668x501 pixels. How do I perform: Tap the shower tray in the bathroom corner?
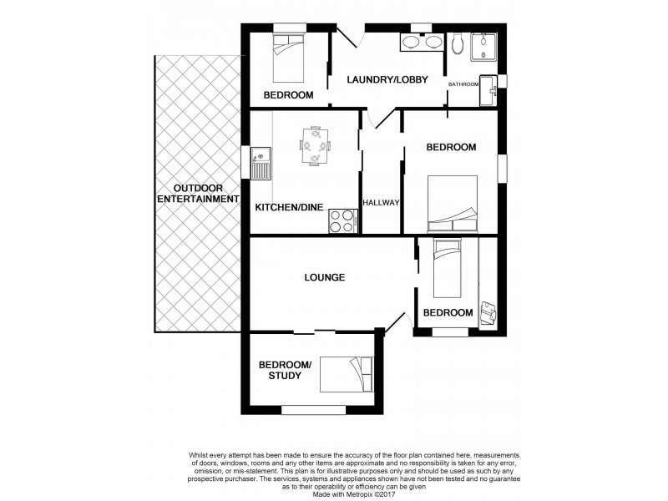tap(483, 47)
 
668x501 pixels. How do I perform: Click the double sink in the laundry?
tap(423, 43)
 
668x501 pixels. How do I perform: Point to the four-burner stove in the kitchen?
tap(343, 220)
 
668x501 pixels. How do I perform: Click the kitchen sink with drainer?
tap(261, 163)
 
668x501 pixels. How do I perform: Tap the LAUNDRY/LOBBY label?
tap(387, 80)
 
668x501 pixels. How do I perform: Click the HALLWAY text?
tap(381, 203)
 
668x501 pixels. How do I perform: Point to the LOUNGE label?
tap(325, 277)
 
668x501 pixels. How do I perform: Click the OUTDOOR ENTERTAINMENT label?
tap(198, 193)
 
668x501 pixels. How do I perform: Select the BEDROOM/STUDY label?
tap(285, 370)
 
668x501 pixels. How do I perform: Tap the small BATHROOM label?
tap(463, 84)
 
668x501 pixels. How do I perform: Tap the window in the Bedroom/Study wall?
tap(313, 410)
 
